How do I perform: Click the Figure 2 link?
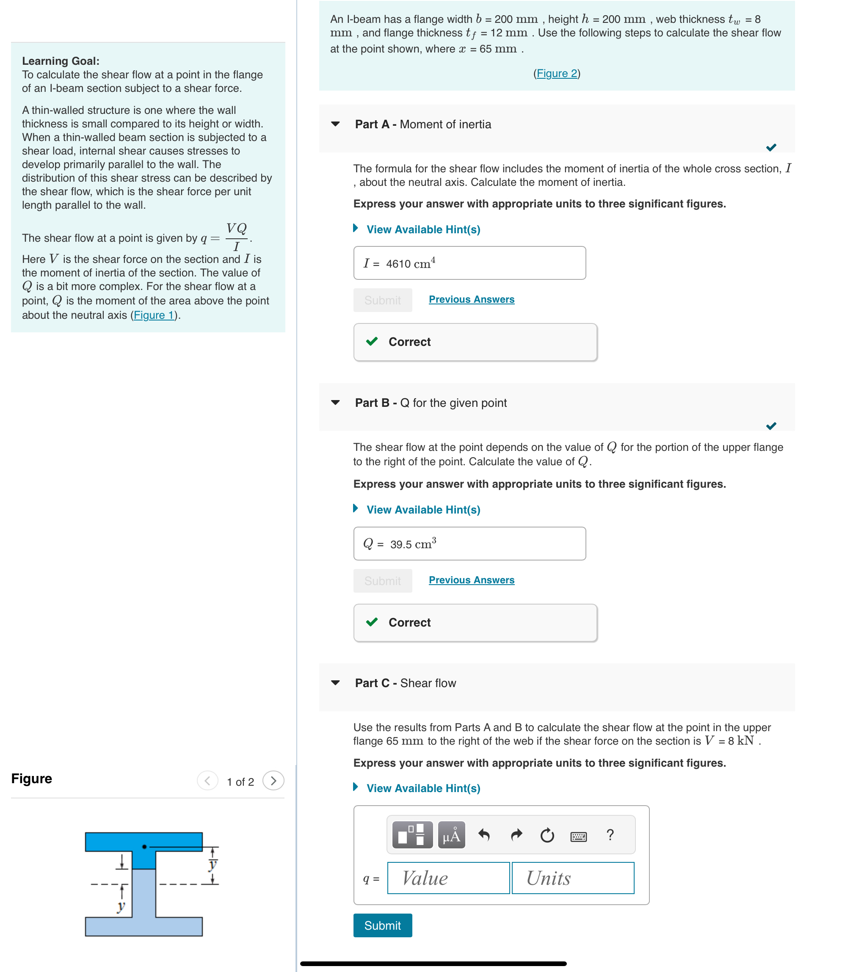[x=556, y=73]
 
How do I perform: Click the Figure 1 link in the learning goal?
[x=153, y=315]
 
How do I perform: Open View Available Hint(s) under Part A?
[x=423, y=229]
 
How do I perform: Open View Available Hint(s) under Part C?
[x=423, y=788]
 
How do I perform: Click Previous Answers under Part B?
[x=471, y=580]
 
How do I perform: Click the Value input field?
[x=448, y=878]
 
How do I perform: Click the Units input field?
[x=573, y=878]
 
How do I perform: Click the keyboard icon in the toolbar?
[x=578, y=836]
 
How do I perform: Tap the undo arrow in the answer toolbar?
[x=484, y=835]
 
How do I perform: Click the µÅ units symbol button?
[x=451, y=835]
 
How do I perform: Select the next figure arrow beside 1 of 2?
[x=273, y=781]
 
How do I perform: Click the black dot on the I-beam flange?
[x=144, y=847]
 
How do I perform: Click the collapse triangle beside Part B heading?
[x=335, y=403]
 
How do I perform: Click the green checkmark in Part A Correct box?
[x=372, y=342]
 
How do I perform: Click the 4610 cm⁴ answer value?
[x=410, y=263]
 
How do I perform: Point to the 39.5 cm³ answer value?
[x=412, y=544]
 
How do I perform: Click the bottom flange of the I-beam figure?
[x=144, y=926]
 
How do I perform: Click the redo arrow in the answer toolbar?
[x=516, y=835]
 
